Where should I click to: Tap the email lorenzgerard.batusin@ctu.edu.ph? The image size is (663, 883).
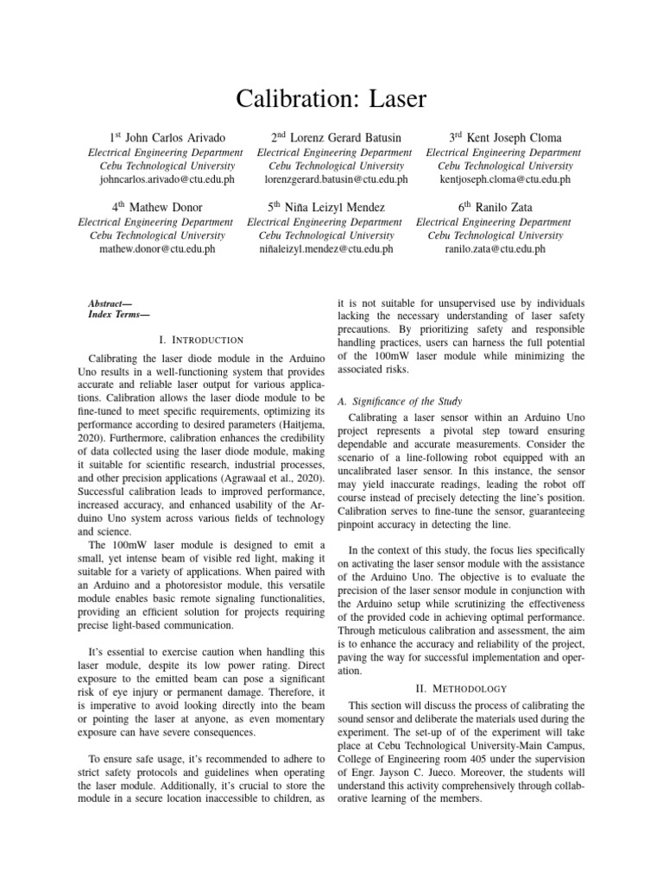click(336, 179)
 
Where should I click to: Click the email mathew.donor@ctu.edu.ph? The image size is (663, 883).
click(157, 249)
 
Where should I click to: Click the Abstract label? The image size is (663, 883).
click(109, 304)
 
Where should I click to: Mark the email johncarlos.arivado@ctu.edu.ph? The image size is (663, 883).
click(167, 179)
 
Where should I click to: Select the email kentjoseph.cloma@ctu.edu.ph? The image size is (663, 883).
click(504, 179)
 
